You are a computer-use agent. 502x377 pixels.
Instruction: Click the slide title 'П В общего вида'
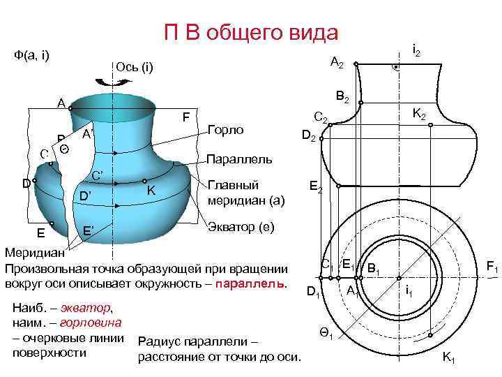[250, 32]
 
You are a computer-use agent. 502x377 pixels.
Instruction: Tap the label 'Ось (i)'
[133, 68]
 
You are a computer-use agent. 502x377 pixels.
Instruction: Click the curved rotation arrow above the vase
[115, 82]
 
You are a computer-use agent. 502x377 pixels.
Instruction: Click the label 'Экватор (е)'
[242, 228]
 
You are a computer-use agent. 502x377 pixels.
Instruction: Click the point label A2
[336, 64]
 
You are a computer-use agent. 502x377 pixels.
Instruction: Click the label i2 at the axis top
[416, 50]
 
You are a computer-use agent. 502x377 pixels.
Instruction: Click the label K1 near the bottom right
[448, 358]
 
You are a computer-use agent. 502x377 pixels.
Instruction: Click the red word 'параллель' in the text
[251, 283]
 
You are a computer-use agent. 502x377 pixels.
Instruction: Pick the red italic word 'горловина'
[91, 322]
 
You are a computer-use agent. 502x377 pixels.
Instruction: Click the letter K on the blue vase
[150, 191]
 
